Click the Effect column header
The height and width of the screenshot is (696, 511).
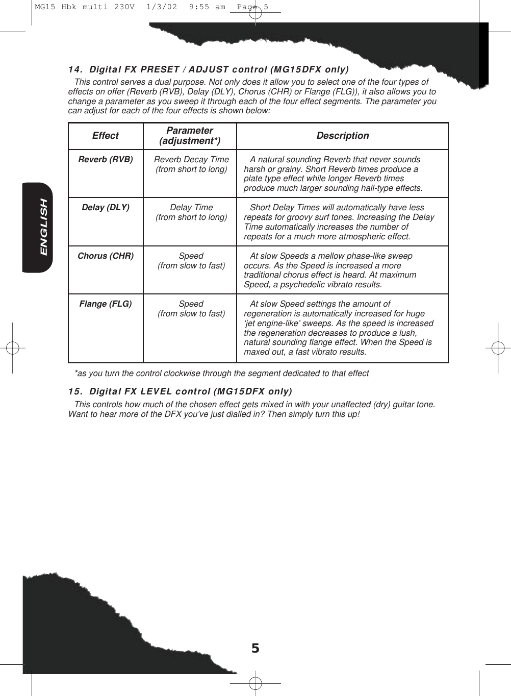[105, 136]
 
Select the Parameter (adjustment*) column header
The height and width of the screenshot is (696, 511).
[190, 136]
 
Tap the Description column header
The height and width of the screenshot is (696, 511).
[342, 136]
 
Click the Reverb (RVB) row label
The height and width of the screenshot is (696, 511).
[106, 159]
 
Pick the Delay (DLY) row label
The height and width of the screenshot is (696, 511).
[106, 207]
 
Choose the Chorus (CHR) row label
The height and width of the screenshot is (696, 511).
[106, 256]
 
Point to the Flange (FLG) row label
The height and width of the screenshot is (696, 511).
[106, 304]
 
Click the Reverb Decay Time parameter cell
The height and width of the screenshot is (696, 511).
[191, 164]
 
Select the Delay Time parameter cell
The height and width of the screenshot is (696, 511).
[191, 212]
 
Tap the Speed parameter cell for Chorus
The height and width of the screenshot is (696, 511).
[191, 261]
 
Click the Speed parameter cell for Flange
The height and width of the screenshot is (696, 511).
[191, 309]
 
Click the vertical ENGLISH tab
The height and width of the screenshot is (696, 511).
[43, 227]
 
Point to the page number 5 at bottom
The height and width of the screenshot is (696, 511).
[255, 648]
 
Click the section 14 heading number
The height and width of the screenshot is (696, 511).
[75, 69]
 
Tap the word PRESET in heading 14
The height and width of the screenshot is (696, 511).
[160, 69]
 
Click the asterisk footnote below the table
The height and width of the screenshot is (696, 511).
[221, 373]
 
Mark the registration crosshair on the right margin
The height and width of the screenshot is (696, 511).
[498, 348]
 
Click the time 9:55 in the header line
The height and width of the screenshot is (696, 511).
[199, 7]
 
